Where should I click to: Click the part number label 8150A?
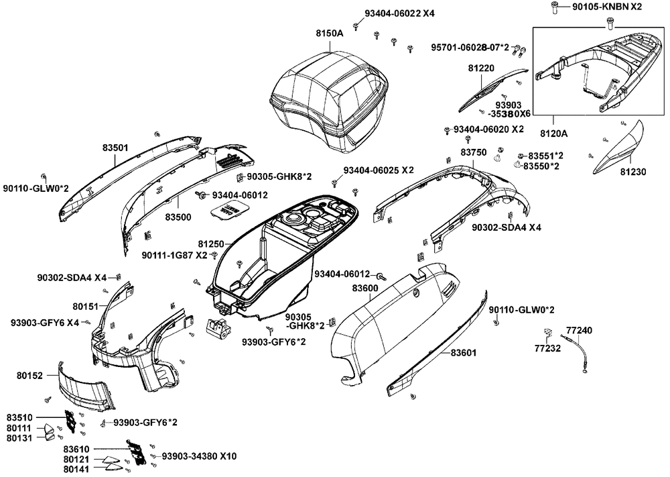click(330, 32)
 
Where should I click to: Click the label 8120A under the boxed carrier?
click(553, 133)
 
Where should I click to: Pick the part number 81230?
click(632, 172)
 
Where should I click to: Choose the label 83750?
click(473, 153)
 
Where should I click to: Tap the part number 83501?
click(115, 147)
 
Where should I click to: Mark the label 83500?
click(179, 218)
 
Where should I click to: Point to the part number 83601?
click(464, 352)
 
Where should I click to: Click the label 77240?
click(579, 330)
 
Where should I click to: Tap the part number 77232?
click(547, 348)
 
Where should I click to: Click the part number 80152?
click(30, 376)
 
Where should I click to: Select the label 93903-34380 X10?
click(199, 456)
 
